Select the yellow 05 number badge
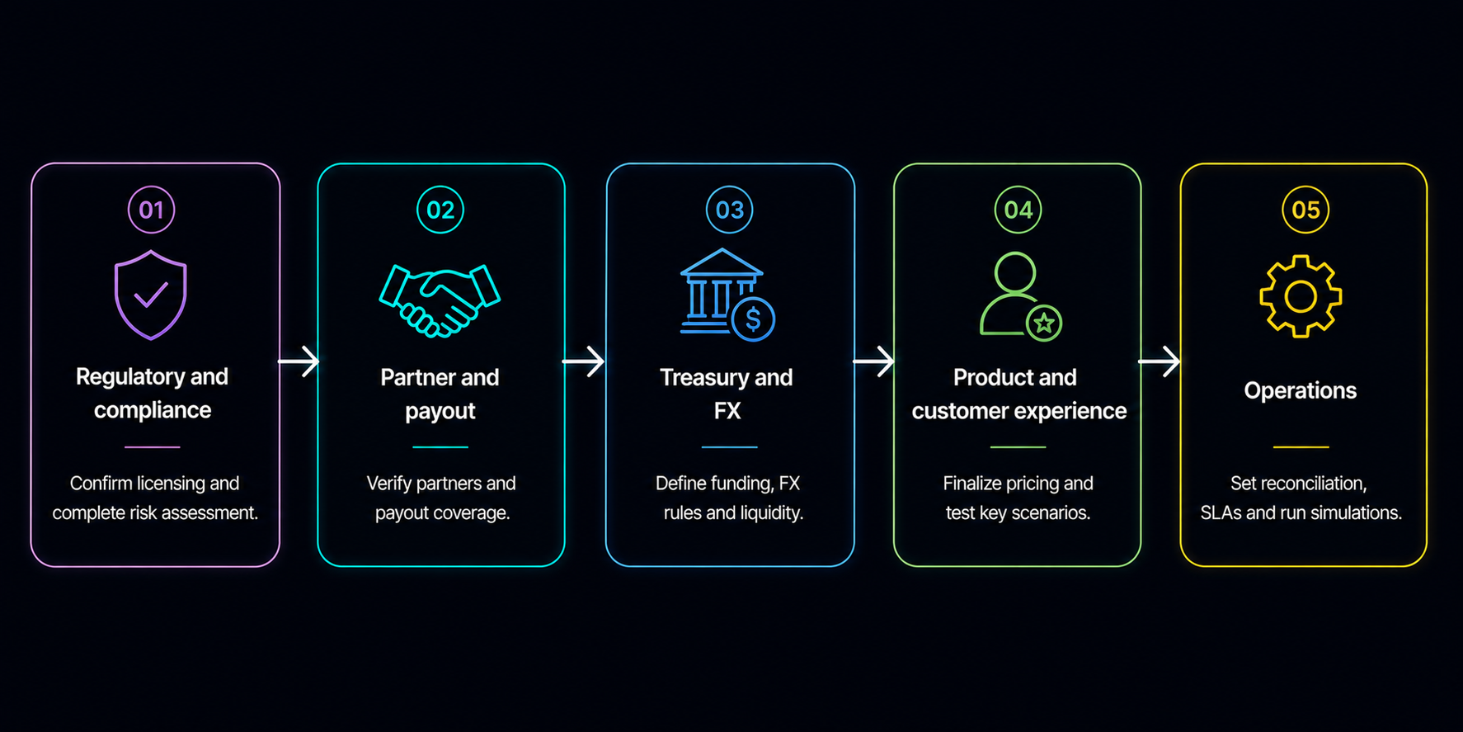tap(1305, 210)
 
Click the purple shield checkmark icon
tap(150, 295)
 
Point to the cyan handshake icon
tap(440, 300)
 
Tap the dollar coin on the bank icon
tap(753, 319)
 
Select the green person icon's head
tap(1014, 273)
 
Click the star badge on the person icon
tap(1044, 323)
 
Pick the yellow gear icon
tap(1301, 296)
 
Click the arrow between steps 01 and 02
tap(299, 361)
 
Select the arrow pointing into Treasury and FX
tap(584, 361)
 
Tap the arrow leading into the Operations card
tap(1160, 361)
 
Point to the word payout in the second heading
tap(440, 411)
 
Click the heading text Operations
tap(1300, 390)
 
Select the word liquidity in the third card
tap(770, 512)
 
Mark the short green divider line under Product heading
tap(1018, 447)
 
